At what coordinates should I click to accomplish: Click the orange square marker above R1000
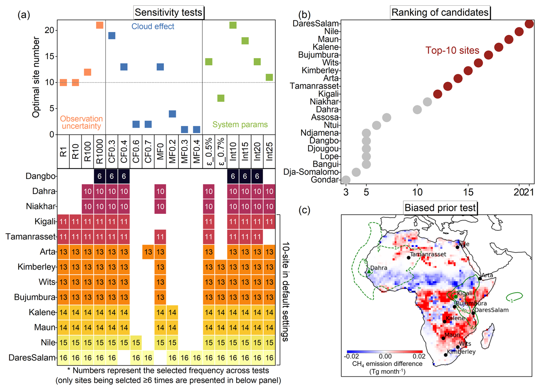coord(100,25)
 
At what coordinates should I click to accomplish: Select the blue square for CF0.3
coord(112,36)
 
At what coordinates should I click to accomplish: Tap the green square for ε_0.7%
coord(221,98)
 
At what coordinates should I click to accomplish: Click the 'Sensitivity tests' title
coord(168,13)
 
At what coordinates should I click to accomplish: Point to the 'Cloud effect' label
coord(153,27)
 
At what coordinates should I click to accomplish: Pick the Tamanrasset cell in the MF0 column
coord(160,237)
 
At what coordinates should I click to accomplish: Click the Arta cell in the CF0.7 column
coord(148,252)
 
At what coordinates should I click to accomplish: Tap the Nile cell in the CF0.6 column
coord(136,342)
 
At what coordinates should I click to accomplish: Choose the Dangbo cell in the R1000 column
coord(100,176)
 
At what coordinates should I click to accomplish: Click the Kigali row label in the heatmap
coord(45,222)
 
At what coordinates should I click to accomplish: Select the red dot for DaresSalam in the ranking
coord(529,24)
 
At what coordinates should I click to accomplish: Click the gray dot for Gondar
coord(346,180)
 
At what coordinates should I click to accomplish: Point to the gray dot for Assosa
coord(386,117)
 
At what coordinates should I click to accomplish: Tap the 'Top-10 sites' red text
coord(452,51)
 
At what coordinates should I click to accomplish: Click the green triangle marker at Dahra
coord(369,271)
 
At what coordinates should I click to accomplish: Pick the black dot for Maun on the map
coord(443,338)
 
